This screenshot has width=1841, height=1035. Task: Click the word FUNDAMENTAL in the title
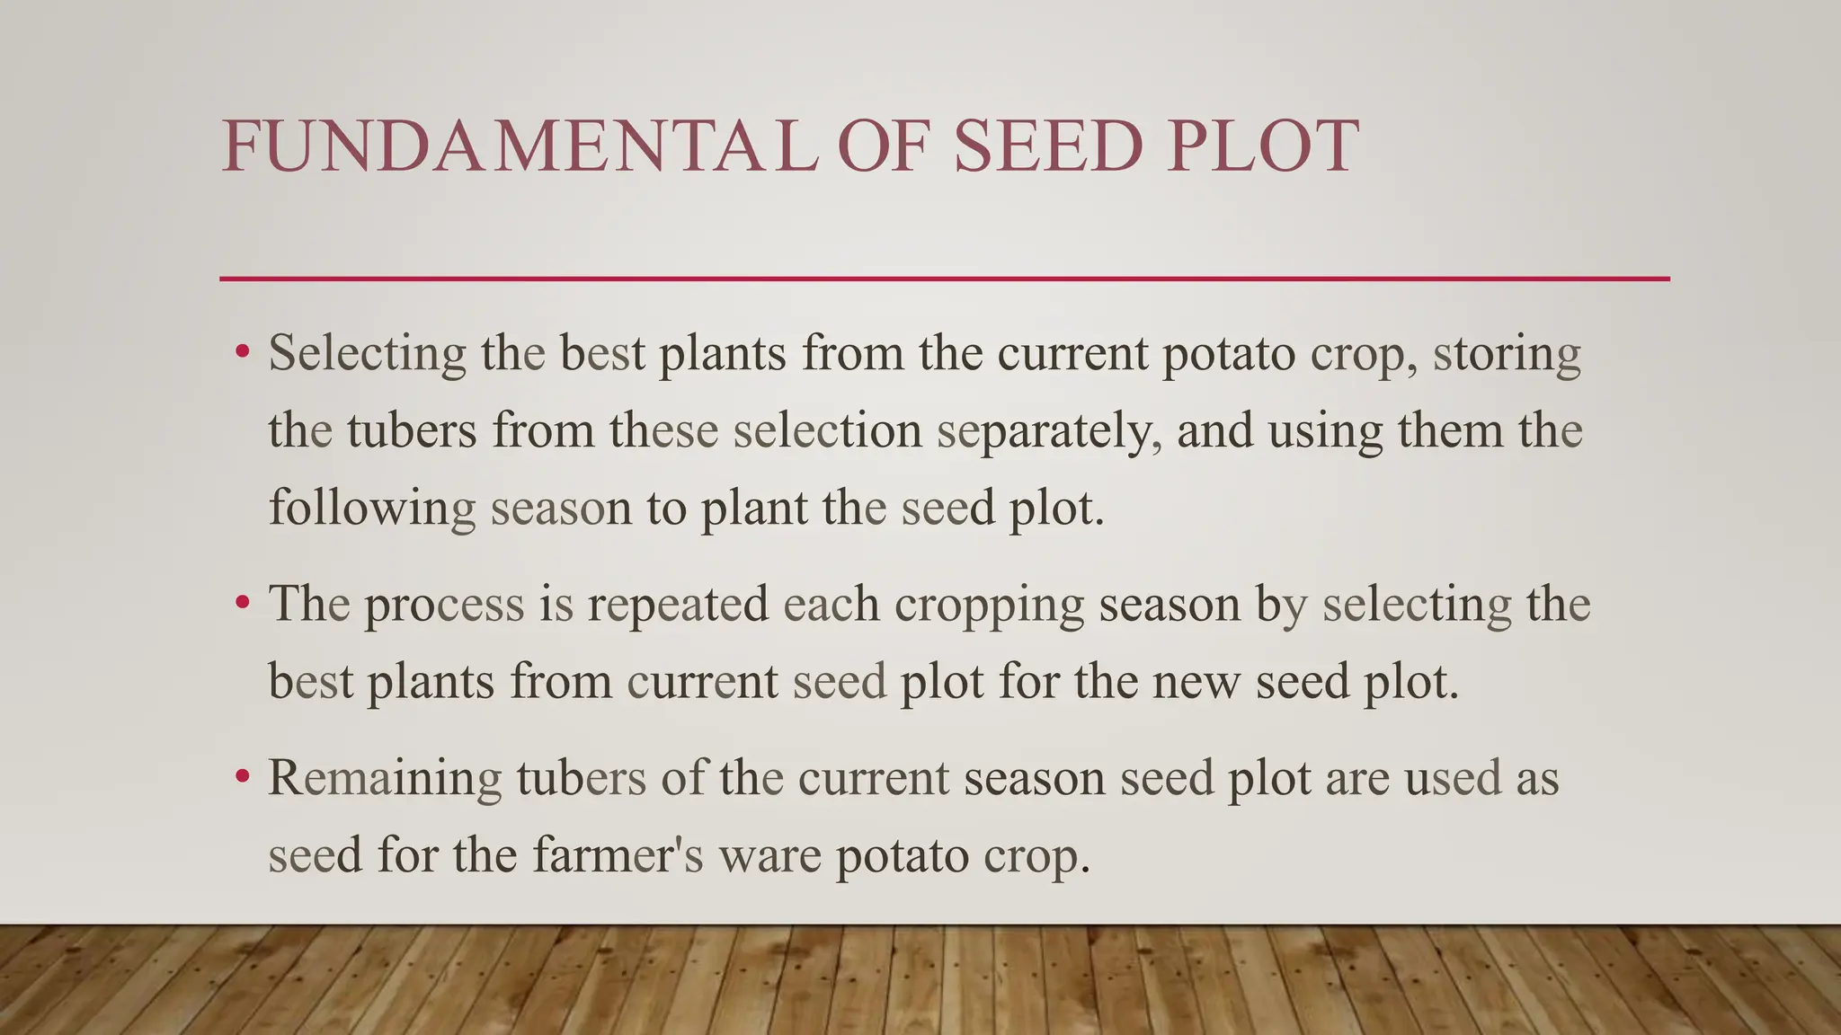[x=520, y=146]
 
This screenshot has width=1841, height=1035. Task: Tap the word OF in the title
[x=881, y=146]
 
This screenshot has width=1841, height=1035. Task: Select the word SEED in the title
[x=1048, y=146]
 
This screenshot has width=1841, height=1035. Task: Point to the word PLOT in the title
[x=1263, y=146]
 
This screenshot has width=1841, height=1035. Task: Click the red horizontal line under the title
[x=944, y=279]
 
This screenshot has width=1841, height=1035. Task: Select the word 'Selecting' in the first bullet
[x=367, y=353]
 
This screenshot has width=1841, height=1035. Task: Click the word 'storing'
[x=1507, y=353]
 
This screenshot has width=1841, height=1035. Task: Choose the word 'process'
[x=444, y=605]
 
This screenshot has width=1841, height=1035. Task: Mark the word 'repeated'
[x=678, y=605]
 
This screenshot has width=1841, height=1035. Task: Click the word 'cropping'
[x=989, y=605]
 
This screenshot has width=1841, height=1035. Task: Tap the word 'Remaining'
[x=385, y=778]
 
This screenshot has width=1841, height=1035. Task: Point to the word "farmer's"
[x=618, y=854]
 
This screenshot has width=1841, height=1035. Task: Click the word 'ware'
[x=770, y=856]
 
